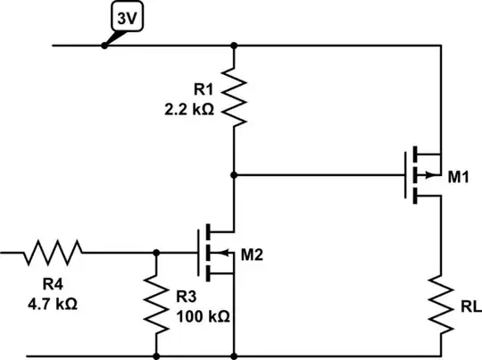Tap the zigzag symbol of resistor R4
[x=53, y=253]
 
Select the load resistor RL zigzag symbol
[x=443, y=302]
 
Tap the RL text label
[x=468, y=306]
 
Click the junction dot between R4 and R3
[x=157, y=253]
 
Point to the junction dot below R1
[x=234, y=174]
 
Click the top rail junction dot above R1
[x=234, y=44]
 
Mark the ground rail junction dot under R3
[x=157, y=356]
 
